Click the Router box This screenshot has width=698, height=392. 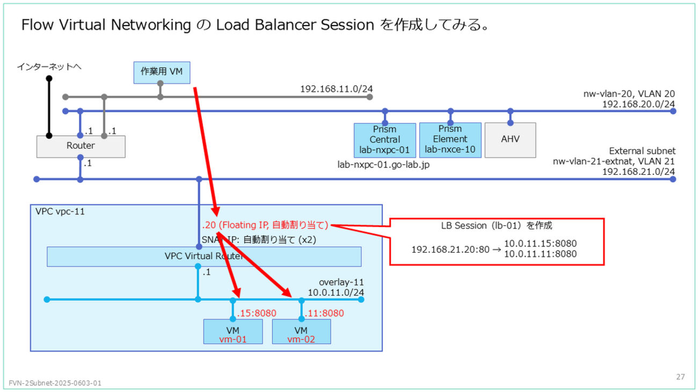(81, 146)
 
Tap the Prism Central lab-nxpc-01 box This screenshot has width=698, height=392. (385, 140)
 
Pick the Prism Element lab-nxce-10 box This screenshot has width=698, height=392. (450, 140)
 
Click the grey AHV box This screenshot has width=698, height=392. (511, 140)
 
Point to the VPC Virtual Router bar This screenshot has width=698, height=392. (203, 256)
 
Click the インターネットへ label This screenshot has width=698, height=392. (49, 67)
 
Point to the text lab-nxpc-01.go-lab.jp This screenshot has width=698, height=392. (384, 165)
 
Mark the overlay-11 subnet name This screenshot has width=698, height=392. (341, 283)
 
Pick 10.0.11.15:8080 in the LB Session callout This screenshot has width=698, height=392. (541, 244)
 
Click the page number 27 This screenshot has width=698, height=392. (680, 377)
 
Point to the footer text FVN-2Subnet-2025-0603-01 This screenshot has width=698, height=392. (55, 383)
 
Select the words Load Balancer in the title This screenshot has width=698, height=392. (266, 25)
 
